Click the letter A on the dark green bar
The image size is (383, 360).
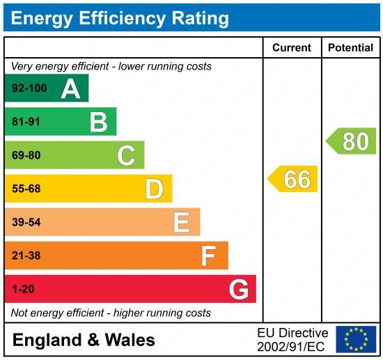pos(70,88)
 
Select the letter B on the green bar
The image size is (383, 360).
pos(98,122)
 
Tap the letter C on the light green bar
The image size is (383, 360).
pos(126,155)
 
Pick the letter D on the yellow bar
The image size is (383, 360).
pos(154,189)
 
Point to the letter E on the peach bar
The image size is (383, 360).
pos(181,222)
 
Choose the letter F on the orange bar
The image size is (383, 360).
pos(208,256)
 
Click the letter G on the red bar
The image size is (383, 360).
pos(239,289)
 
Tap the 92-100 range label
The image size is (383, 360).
pos(29,88)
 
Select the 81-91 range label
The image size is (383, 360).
pos(26,122)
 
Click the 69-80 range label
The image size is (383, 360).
pos(26,155)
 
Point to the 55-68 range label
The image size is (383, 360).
pos(26,189)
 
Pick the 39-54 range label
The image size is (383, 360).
pos(26,222)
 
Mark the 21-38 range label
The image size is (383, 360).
pos(26,256)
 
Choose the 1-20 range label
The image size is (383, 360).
pos(23,289)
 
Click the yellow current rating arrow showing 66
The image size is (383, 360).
pos(294,179)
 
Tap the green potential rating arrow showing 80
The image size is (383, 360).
pos(352,141)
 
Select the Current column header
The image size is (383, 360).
pos(291,48)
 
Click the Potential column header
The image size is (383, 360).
pos(350,48)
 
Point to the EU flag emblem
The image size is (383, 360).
pos(355,339)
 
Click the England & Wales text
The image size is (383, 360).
pos(84,340)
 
